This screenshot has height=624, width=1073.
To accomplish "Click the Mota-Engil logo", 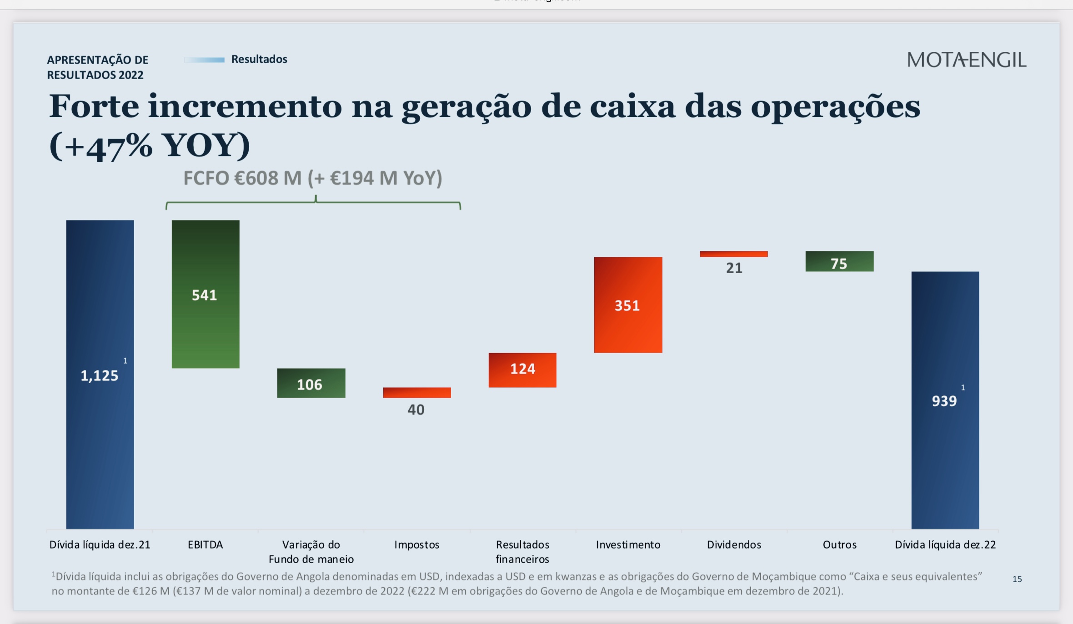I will [966, 60].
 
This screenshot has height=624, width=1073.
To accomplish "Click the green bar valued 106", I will [311, 383].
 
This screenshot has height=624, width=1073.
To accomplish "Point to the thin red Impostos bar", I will [417, 392].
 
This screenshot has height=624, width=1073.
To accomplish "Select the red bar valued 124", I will [522, 370].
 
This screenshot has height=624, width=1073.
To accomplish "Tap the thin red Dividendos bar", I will [734, 254].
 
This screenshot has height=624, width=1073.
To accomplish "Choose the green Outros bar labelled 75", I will [839, 261].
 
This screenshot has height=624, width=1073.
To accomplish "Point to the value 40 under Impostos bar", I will [416, 409].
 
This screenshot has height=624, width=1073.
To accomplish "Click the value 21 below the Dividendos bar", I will [734, 268].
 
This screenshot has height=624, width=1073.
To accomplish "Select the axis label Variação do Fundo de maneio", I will [311, 552].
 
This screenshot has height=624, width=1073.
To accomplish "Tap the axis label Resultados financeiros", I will [522, 552].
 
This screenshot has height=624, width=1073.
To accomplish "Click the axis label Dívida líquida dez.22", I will [945, 544].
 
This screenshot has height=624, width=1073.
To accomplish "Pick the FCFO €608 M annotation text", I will [313, 178].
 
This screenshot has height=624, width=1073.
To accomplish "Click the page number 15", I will [1017, 579].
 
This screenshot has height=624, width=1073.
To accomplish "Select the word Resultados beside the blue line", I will [259, 59].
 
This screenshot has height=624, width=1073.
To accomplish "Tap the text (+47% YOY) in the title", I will [150, 145].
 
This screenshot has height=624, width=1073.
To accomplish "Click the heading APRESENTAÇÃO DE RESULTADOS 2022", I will [98, 67].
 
